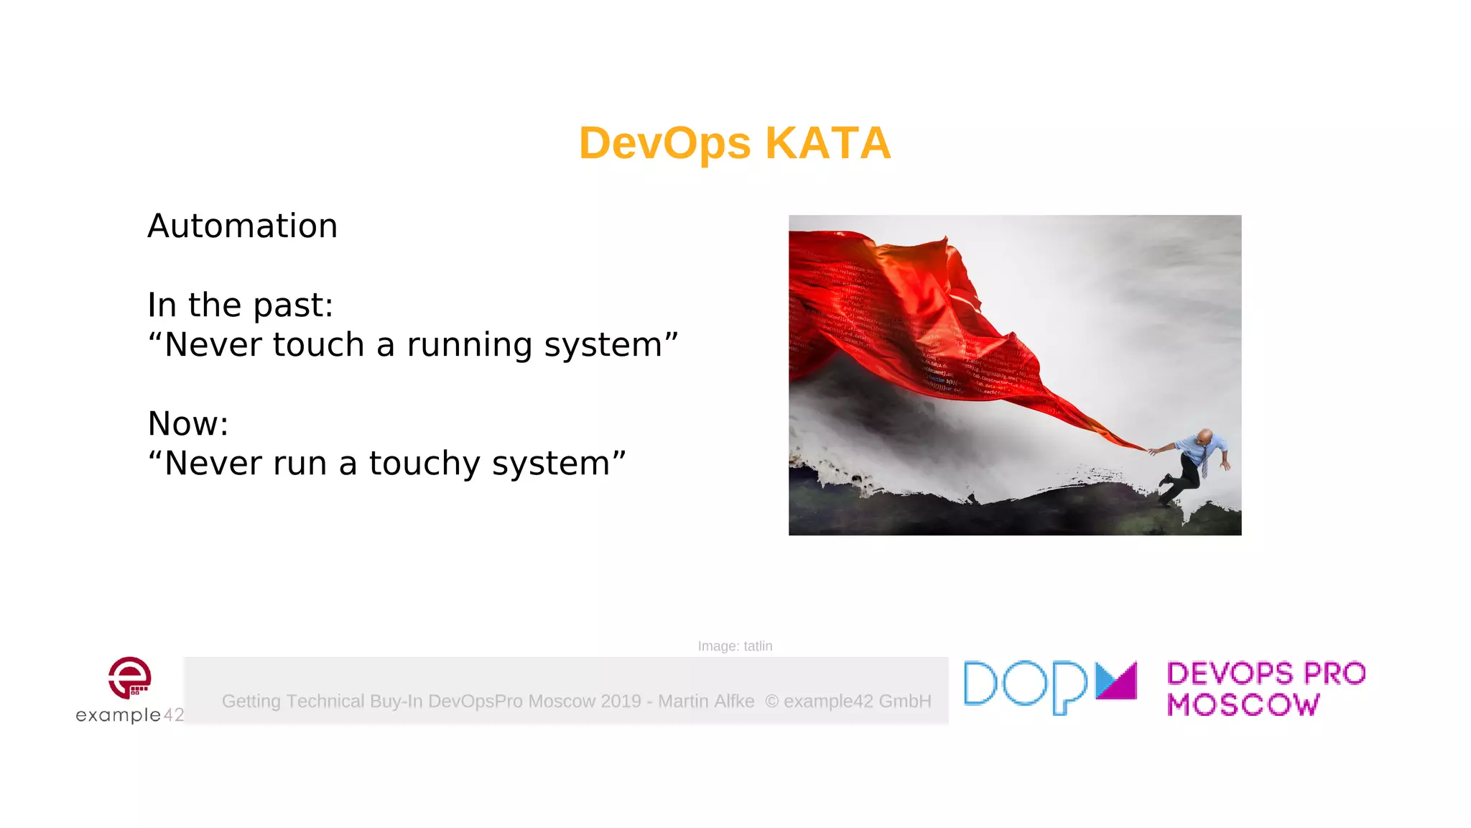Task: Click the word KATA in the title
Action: click(x=827, y=143)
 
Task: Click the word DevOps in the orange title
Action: click(x=664, y=143)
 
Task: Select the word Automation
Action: click(x=242, y=226)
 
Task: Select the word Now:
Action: click(x=187, y=424)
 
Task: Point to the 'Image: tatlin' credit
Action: click(x=735, y=646)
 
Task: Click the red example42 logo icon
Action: click(x=130, y=677)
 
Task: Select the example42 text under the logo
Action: click(x=130, y=715)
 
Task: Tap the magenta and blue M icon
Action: click(x=1116, y=681)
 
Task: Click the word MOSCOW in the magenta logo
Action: click(x=1243, y=705)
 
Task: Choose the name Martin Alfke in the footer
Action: click(x=706, y=701)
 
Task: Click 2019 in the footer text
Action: click(x=621, y=701)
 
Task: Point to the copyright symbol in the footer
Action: click(x=771, y=701)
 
